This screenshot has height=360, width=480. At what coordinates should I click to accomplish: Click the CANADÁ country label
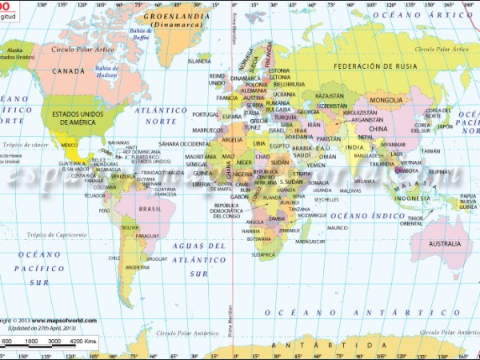[x=68, y=71]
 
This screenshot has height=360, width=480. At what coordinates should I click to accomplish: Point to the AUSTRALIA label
[x=445, y=242]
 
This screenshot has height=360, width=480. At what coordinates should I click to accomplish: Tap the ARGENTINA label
[x=137, y=267]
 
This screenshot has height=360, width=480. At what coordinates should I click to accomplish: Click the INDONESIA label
[x=411, y=198]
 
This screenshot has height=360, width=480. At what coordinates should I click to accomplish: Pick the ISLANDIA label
[x=199, y=61]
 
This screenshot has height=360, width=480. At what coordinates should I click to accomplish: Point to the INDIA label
[x=354, y=147]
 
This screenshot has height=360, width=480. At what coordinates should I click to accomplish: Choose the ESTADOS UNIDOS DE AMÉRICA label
[x=79, y=117]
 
